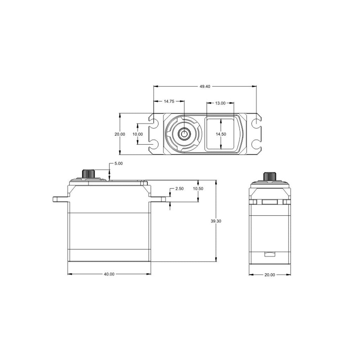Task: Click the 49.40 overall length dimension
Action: [x=205, y=86]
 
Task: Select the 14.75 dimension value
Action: [x=169, y=101]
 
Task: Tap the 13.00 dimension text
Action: [x=220, y=103]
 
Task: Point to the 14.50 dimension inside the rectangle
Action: [x=221, y=134]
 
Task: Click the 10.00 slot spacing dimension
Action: [x=137, y=134]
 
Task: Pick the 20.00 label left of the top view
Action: [x=120, y=134]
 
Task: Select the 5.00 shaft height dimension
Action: [x=118, y=164]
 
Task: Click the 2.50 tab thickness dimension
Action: [x=179, y=189]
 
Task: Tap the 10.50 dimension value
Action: [x=198, y=189]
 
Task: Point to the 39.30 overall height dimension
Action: [x=216, y=221]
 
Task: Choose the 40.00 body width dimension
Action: [x=109, y=275]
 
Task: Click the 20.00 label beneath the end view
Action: [x=270, y=275]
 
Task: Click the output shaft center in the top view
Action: [x=184, y=134]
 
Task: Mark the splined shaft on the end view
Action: [x=270, y=176]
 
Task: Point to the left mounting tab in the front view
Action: [x=60, y=199]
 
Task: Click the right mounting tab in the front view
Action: [x=158, y=199]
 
